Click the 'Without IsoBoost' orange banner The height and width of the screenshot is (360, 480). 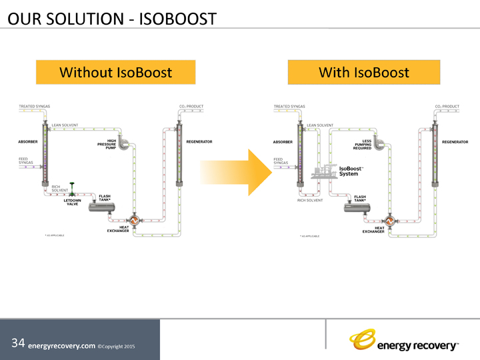point(115,72)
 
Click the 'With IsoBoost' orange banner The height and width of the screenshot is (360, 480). point(364,72)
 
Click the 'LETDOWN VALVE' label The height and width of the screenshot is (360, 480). point(72,202)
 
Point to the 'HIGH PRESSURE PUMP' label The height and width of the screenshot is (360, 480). point(107,144)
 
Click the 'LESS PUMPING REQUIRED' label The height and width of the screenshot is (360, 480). point(362,145)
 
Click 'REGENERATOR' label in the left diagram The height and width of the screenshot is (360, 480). point(199,141)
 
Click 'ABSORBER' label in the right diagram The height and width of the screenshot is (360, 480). point(283,141)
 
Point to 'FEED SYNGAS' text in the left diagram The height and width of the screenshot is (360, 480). point(26,161)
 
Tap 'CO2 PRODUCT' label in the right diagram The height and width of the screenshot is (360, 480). point(447,106)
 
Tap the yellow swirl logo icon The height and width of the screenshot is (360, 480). point(363,340)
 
